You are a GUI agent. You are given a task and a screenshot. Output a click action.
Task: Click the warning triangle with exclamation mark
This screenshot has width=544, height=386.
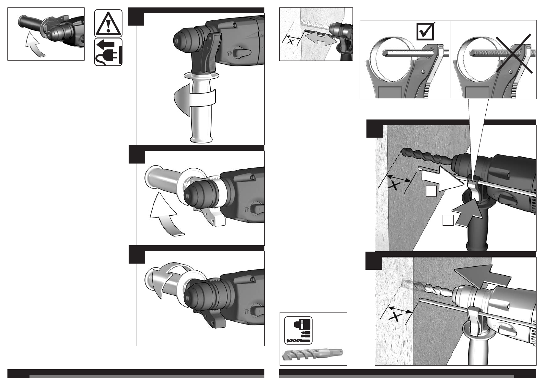(x=108, y=23)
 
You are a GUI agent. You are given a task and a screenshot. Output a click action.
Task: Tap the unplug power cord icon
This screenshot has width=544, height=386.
(x=108, y=52)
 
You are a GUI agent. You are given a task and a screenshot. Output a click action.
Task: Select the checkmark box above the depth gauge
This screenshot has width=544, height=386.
(x=425, y=31)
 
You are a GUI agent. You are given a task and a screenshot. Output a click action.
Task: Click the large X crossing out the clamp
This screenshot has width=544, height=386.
(x=514, y=53)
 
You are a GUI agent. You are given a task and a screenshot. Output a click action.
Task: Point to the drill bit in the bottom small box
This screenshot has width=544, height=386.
(x=313, y=355)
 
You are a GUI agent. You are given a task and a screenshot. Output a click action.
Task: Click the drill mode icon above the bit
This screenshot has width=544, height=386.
(x=298, y=330)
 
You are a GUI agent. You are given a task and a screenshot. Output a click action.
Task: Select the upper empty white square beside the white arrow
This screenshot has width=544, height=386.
(x=431, y=191)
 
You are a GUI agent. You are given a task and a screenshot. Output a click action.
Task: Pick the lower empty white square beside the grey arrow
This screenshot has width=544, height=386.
(x=448, y=220)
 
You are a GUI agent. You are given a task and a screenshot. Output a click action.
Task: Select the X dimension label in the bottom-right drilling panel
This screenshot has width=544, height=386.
(x=396, y=317)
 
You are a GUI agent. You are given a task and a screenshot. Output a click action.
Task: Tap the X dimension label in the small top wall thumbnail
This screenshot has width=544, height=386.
(x=290, y=41)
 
